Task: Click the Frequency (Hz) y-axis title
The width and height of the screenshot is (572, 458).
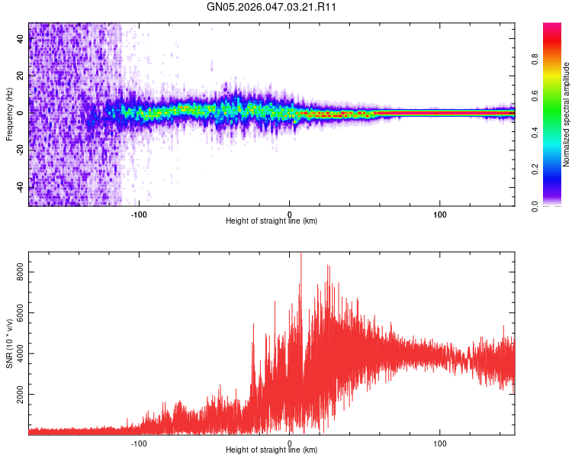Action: click(9, 114)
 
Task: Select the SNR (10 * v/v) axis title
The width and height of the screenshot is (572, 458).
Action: click(9, 343)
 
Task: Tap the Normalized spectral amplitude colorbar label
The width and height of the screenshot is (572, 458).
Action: click(566, 114)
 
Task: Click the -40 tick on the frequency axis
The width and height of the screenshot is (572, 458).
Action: click(21, 187)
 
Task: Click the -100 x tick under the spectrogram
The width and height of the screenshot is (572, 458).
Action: click(139, 214)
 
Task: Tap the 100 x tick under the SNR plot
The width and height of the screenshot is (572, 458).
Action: click(440, 443)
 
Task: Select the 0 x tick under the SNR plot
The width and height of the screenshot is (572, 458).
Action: click(289, 443)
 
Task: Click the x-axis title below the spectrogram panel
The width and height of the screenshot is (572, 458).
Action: click(272, 221)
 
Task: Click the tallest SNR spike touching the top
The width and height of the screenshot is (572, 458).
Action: click(300, 255)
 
